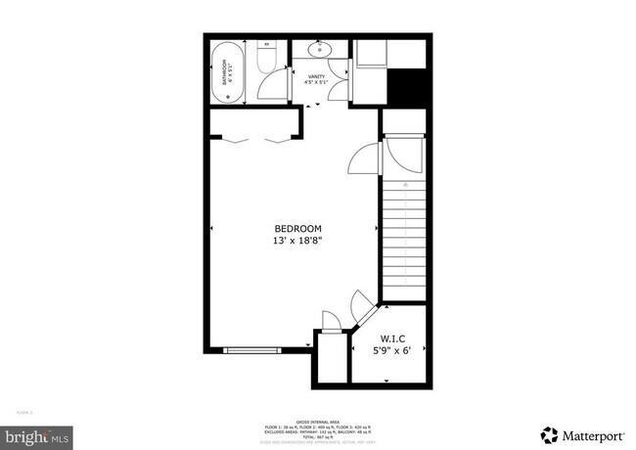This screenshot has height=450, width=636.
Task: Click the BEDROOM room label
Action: [x=297, y=228]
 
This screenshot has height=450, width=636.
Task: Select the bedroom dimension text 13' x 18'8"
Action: [x=297, y=240]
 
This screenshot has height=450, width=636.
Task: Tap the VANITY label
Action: [x=316, y=75]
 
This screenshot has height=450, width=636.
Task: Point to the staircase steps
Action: [x=402, y=235]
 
